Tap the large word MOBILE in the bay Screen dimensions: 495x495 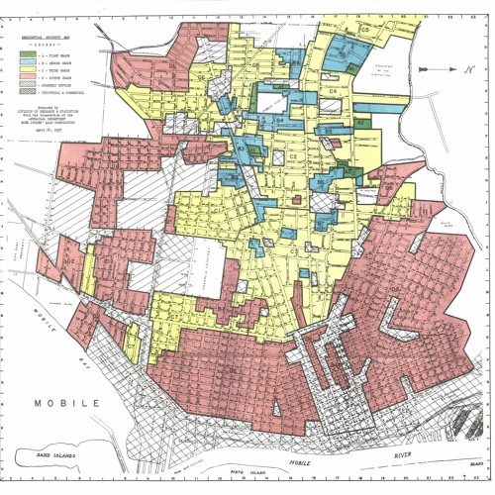tap(67, 404)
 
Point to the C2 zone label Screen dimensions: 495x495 tap(293, 156)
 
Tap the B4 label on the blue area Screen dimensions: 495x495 tap(279, 120)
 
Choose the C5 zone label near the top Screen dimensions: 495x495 tap(364, 32)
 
